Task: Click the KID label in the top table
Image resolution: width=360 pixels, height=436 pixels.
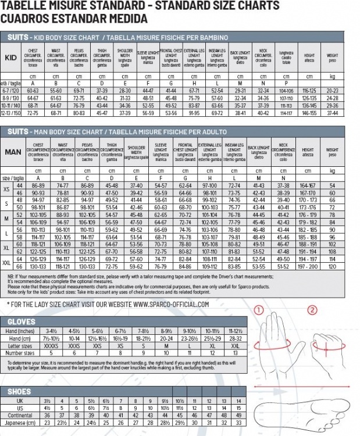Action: coord(10,58)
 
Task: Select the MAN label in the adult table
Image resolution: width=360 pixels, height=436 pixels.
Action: coord(13,151)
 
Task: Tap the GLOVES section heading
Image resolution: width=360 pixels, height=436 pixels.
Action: coord(22,321)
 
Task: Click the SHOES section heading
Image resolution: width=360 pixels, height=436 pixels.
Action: coord(19,392)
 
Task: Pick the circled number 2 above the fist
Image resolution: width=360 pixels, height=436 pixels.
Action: coord(312,310)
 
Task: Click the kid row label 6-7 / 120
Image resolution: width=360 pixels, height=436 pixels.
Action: coord(12,91)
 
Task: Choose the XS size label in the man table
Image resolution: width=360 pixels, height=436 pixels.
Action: coord(6,189)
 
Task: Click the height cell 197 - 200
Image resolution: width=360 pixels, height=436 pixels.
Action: coord(308,266)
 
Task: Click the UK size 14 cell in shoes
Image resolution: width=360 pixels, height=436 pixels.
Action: coord(237,401)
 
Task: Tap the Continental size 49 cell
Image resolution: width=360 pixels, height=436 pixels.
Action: coord(237,416)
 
